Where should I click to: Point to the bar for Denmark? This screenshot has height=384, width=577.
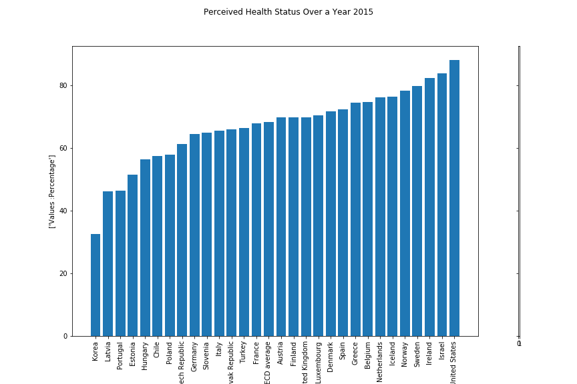[x=331, y=224]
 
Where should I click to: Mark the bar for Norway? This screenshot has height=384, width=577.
[x=405, y=213]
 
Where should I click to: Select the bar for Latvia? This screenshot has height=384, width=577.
[x=108, y=264]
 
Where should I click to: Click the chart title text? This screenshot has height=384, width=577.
[x=288, y=12]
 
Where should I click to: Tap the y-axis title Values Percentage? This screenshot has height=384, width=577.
[x=52, y=191]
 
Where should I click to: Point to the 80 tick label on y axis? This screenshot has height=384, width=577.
[x=63, y=85]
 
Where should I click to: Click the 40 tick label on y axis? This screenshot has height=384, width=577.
[x=63, y=211]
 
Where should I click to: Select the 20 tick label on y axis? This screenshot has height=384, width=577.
[x=63, y=273]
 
